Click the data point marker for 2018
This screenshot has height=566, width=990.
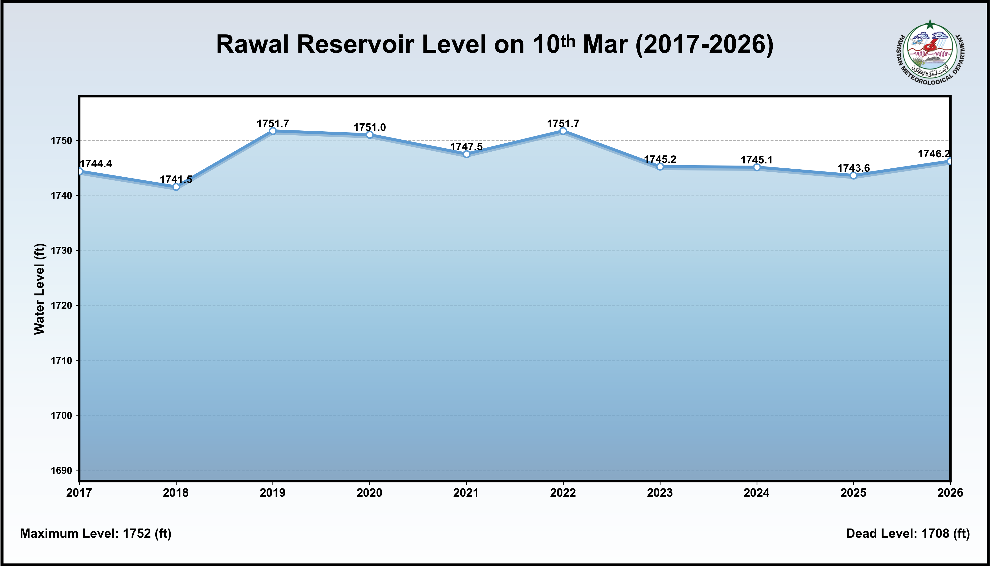176,187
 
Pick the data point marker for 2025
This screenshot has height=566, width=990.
854,176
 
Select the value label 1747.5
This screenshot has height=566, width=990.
466,146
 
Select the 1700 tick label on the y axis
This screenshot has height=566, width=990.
61,416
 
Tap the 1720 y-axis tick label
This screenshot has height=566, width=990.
61,306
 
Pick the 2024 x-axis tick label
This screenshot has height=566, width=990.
756,493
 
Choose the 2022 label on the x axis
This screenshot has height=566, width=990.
563,493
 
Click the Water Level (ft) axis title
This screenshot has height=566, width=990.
40,289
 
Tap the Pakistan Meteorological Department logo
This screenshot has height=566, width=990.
931,53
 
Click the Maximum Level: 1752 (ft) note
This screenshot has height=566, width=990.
95,533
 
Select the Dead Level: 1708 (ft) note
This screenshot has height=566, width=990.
908,533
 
